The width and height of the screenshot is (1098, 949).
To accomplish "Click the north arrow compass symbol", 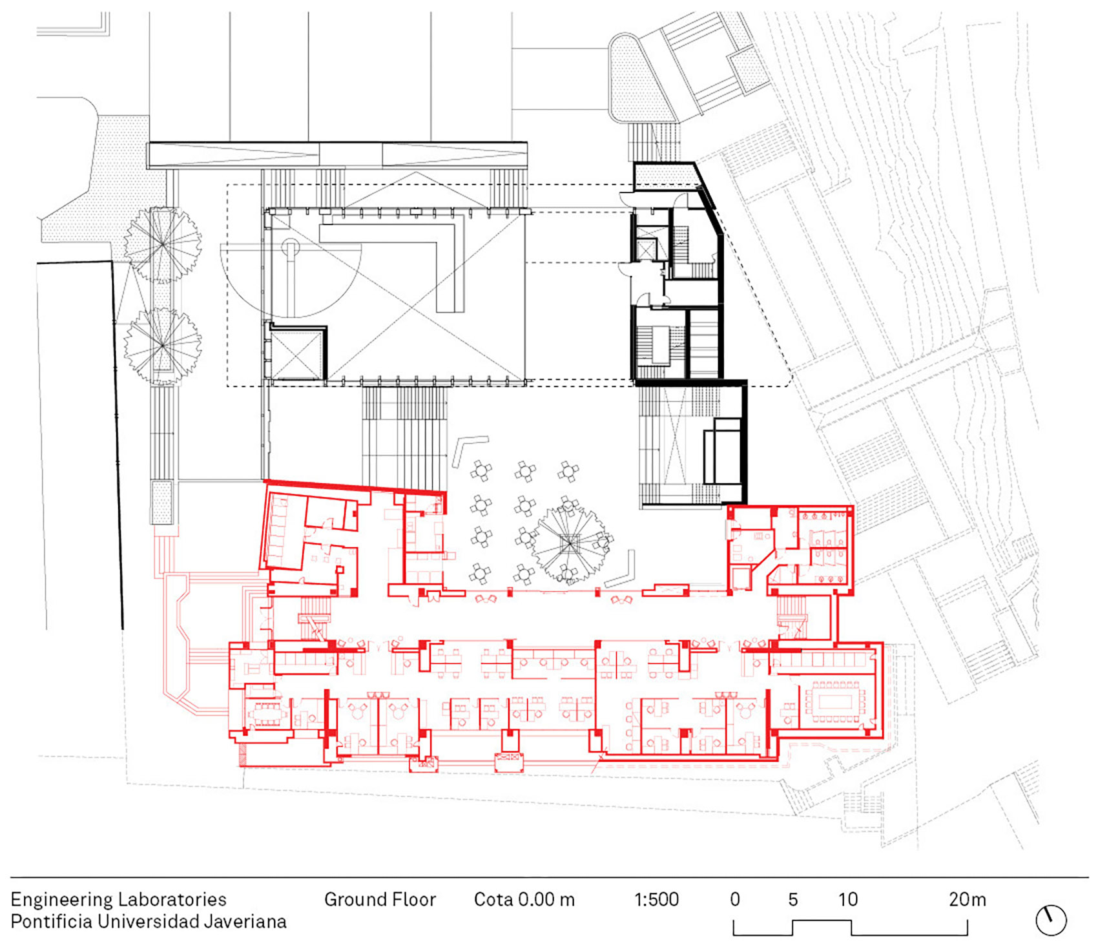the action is [1051, 920].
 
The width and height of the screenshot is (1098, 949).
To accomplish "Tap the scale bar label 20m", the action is [967, 899].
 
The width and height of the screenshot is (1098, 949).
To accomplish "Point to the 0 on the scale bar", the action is [735, 899].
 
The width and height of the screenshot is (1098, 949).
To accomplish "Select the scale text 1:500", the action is [656, 899].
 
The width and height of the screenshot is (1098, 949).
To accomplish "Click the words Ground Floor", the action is [380, 899].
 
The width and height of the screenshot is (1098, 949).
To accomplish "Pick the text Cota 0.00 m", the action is [524, 899].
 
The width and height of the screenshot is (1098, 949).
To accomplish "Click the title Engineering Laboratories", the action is [119, 900].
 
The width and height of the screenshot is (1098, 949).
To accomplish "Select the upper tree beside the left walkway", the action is [163, 245].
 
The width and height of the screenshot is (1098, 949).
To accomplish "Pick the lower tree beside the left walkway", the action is [163, 346].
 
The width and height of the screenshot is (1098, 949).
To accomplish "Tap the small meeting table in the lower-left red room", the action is [265, 713].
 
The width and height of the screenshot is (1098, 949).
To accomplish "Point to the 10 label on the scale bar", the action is [848, 899].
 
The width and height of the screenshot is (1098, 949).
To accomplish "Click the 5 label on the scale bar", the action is [792, 899].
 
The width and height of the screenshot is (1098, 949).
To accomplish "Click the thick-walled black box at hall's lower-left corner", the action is [296, 352].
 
